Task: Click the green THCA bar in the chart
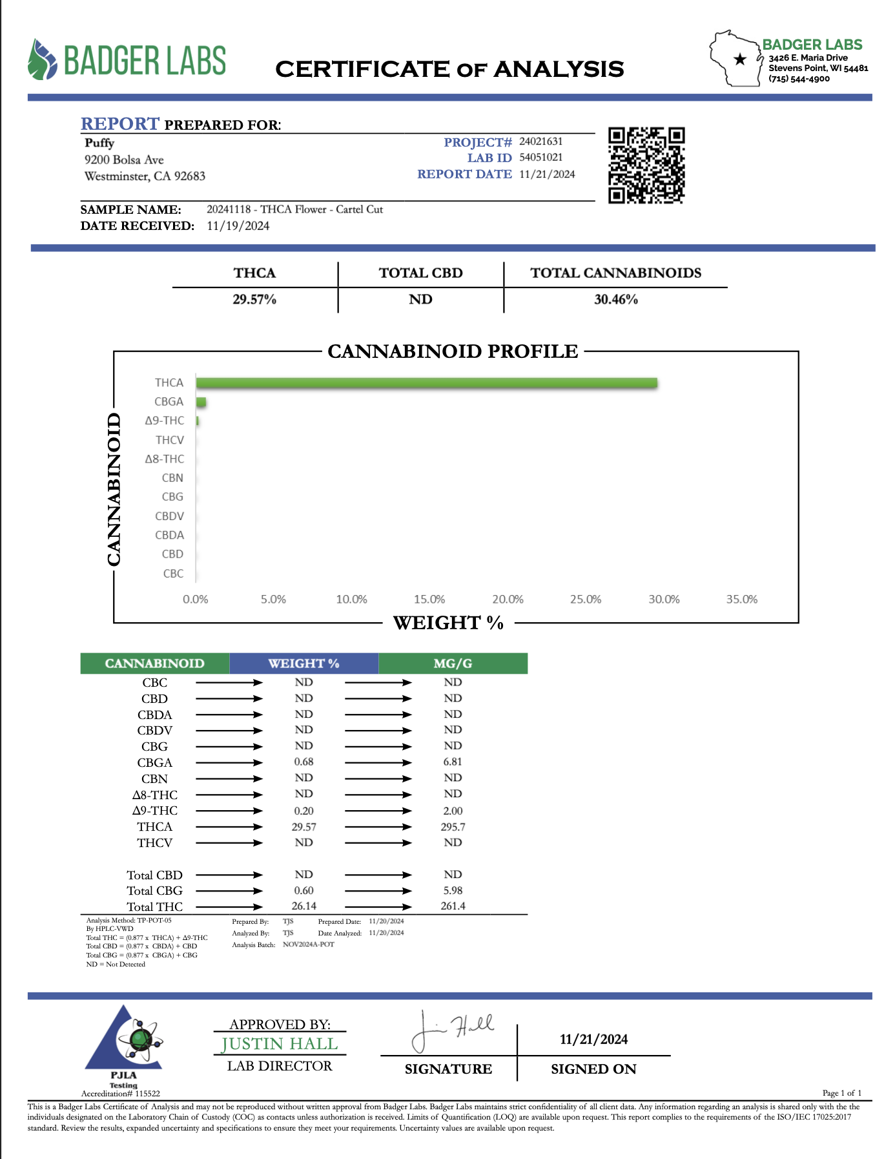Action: click(426, 383)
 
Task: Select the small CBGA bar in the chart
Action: click(201, 402)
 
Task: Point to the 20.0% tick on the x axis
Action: click(508, 600)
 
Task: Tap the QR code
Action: click(646, 165)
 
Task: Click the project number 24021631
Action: click(540, 141)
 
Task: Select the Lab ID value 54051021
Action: click(540, 158)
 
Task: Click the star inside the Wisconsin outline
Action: click(740, 60)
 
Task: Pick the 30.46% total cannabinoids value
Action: click(615, 300)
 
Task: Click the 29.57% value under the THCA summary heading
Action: click(254, 300)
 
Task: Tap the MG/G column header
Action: click(453, 663)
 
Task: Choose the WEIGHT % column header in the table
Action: click(303, 663)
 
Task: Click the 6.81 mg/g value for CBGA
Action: click(453, 762)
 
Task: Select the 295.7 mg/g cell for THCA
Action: click(453, 827)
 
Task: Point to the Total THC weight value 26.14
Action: click(303, 906)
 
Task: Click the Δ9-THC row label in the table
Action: click(155, 811)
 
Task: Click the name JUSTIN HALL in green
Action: click(280, 1044)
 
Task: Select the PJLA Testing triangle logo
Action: click(124, 1040)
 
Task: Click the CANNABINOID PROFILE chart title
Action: click(453, 351)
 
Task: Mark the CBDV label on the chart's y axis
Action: click(169, 516)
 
